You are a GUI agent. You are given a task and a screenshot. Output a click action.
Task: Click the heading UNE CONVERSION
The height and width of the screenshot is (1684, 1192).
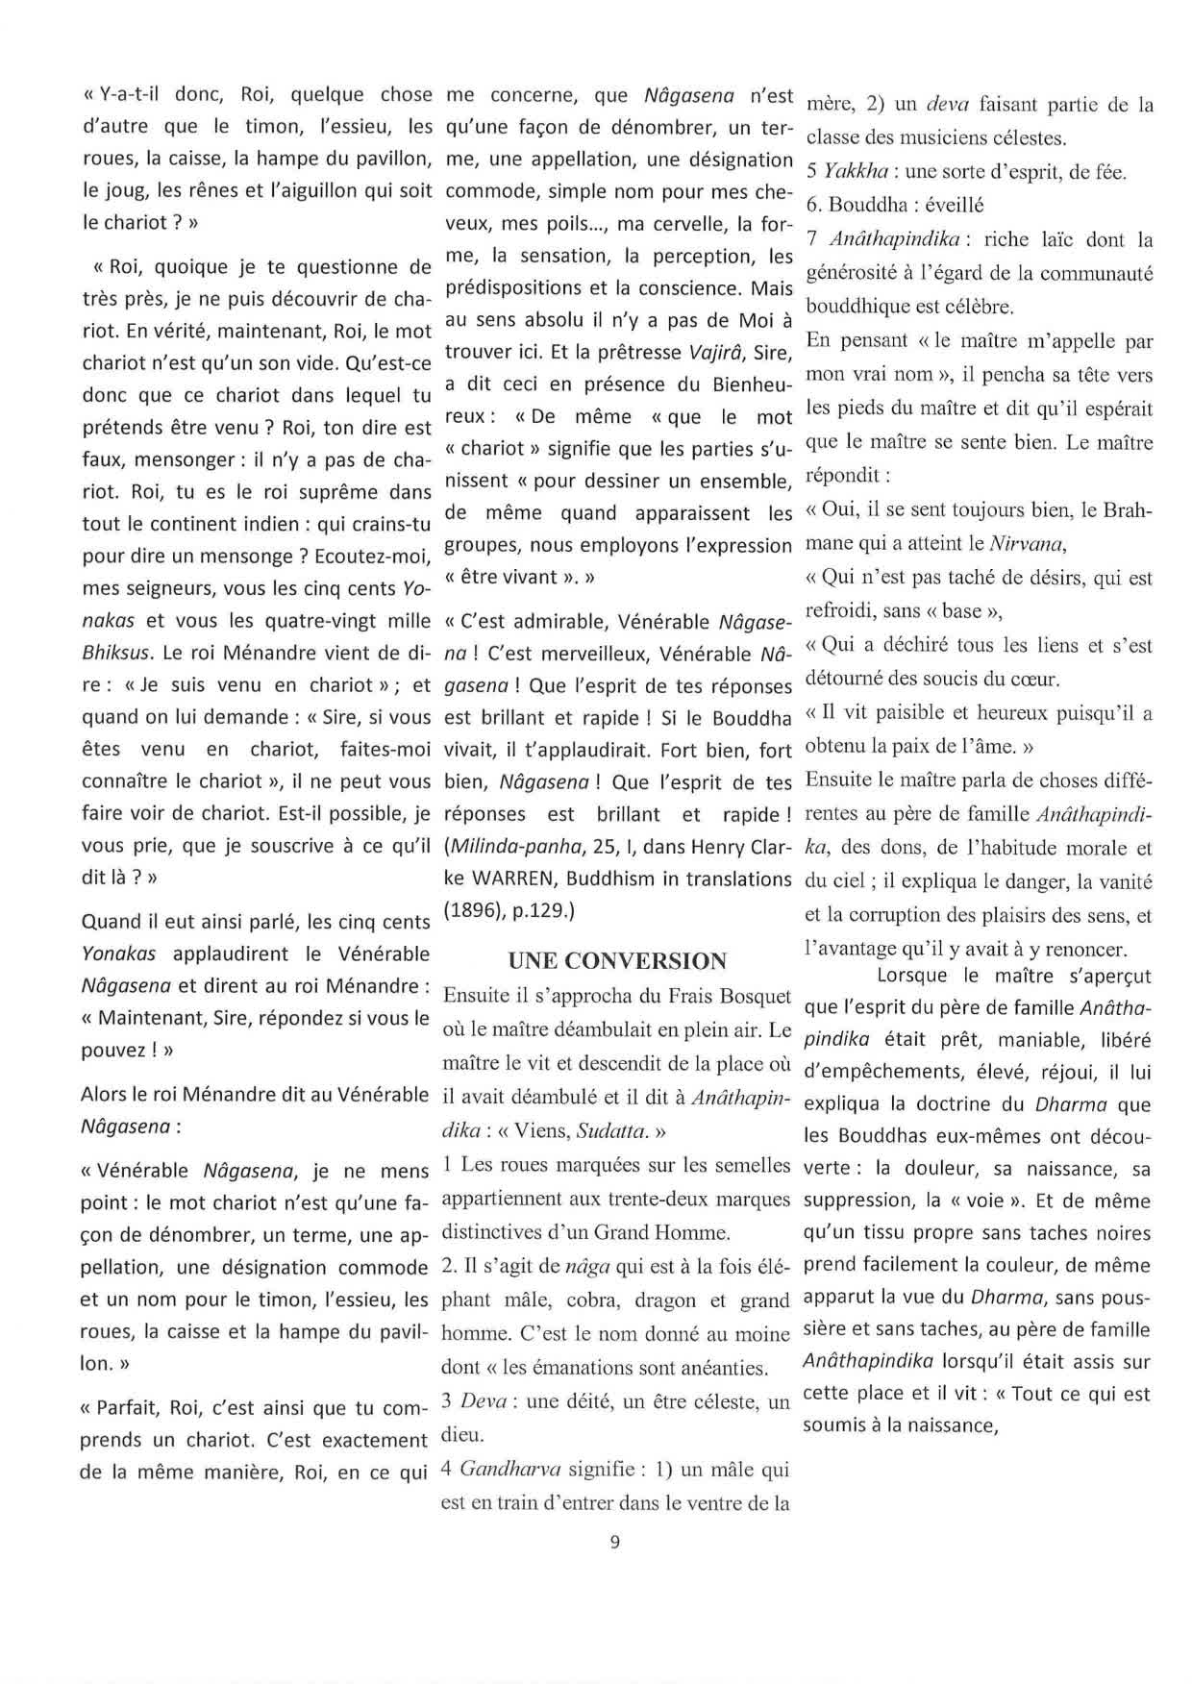tap(617, 961)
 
